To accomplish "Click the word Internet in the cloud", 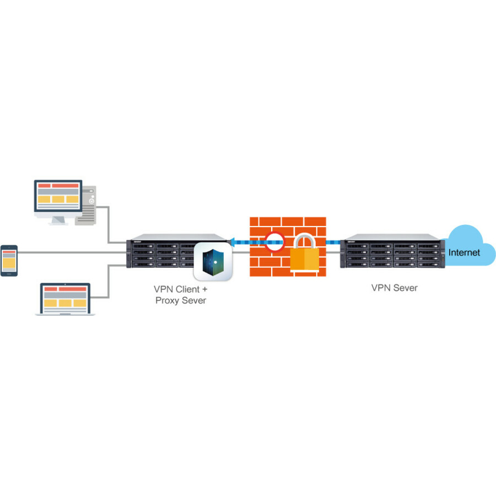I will (464, 253).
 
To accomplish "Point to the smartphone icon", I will (9, 261).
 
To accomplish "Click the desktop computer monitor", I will (58, 196).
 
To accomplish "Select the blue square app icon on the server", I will (213, 262).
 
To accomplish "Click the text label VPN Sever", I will (394, 288).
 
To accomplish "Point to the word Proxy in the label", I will (169, 300).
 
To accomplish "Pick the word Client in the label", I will (188, 288).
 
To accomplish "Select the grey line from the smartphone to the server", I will (72, 253).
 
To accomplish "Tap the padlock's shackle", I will (304, 241).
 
